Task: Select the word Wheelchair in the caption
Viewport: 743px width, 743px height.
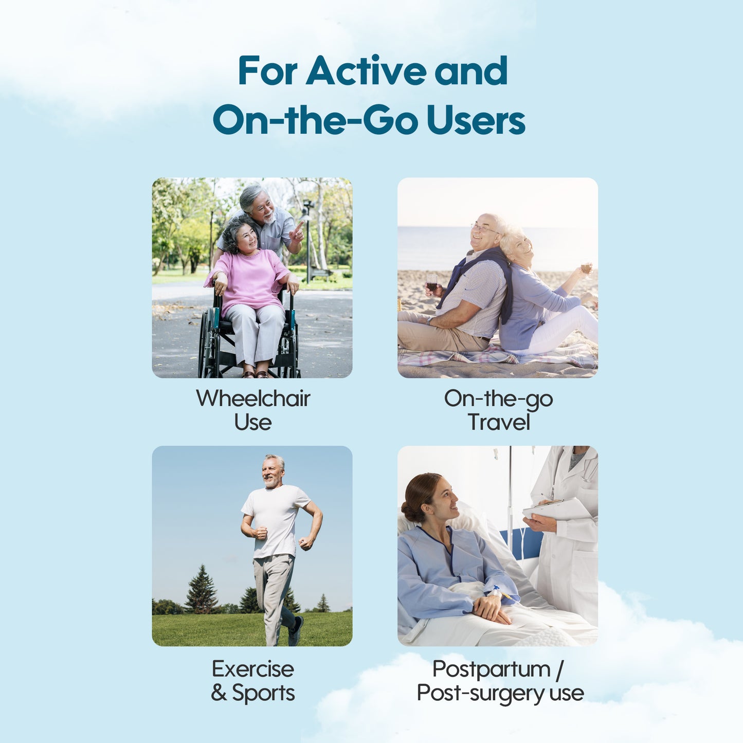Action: [x=253, y=398]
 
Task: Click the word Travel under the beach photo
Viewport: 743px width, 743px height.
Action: [x=499, y=422]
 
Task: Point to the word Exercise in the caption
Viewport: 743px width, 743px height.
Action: [x=253, y=669]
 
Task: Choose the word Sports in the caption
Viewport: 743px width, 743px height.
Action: [x=263, y=693]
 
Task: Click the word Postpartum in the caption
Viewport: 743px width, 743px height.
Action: [x=491, y=669]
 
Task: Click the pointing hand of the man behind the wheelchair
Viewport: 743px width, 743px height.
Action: [x=296, y=232]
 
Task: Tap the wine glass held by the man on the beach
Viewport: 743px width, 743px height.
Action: [x=432, y=283]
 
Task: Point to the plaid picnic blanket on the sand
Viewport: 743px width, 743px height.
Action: [x=497, y=357]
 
